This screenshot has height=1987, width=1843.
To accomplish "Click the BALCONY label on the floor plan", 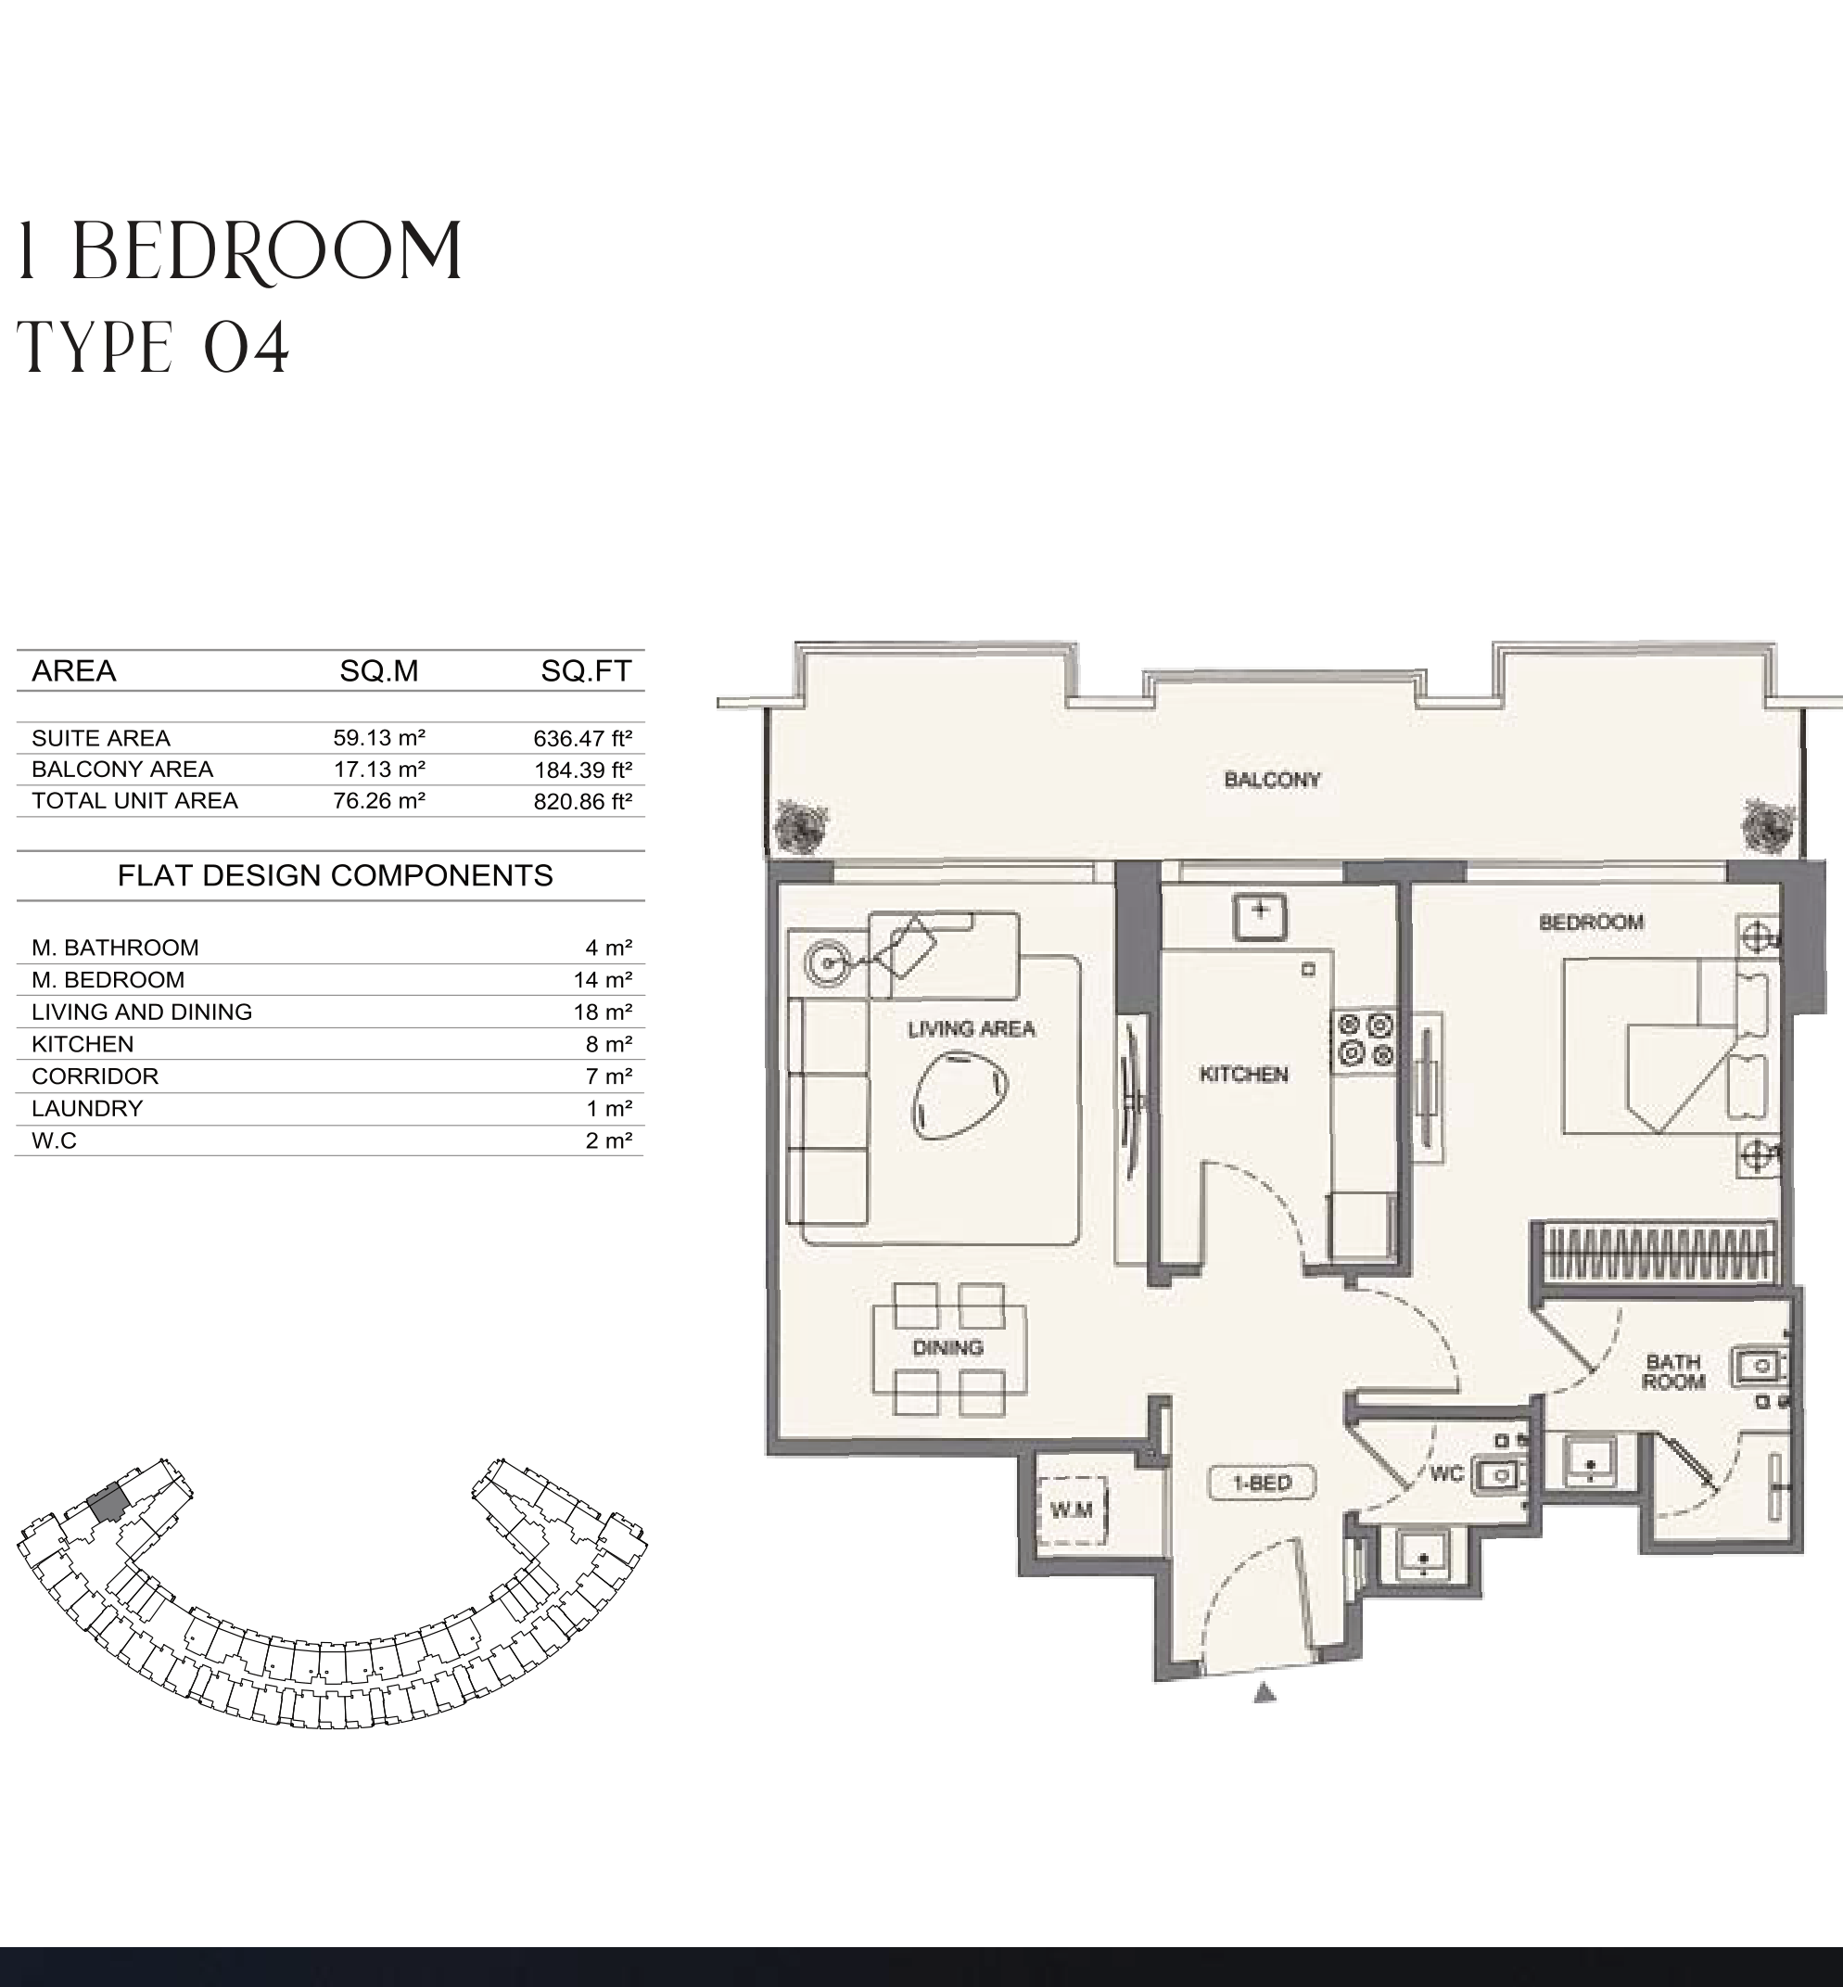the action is pyautogui.click(x=1272, y=780).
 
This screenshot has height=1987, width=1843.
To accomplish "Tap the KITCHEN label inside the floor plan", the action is pyautogui.click(x=1243, y=1075).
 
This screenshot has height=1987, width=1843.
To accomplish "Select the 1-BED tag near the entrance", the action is pyautogui.click(x=1262, y=1484).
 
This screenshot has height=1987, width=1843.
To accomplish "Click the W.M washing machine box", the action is pyautogui.click(x=1071, y=1510).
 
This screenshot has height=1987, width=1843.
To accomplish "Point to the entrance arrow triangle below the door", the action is pyautogui.click(x=1265, y=1692).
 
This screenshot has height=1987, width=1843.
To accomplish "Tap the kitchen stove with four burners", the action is pyautogui.click(x=1366, y=1039).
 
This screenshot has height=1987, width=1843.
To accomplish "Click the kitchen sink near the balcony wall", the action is pyautogui.click(x=1261, y=916).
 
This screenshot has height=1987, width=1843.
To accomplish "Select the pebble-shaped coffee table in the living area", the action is pyautogui.click(x=960, y=1097).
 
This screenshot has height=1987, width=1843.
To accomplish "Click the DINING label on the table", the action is pyautogui.click(x=947, y=1347).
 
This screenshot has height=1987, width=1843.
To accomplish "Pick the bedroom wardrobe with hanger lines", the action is pyautogui.click(x=1657, y=1253).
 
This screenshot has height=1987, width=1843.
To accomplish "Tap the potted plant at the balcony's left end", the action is pyautogui.click(x=801, y=826).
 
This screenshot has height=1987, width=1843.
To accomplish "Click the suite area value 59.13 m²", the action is pyautogui.click(x=379, y=737).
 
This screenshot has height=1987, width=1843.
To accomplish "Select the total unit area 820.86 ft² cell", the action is pyautogui.click(x=582, y=801).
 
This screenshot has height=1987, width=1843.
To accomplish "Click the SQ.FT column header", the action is pyautogui.click(x=587, y=670).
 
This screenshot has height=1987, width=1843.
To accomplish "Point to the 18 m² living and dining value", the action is pyautogui.click(x=603, y=1012).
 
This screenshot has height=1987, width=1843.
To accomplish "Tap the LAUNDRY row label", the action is pyautogui.click(x=87, y=1108).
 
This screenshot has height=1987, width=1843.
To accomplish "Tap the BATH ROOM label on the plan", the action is pyautogui.click(x=1673, y=1371).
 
